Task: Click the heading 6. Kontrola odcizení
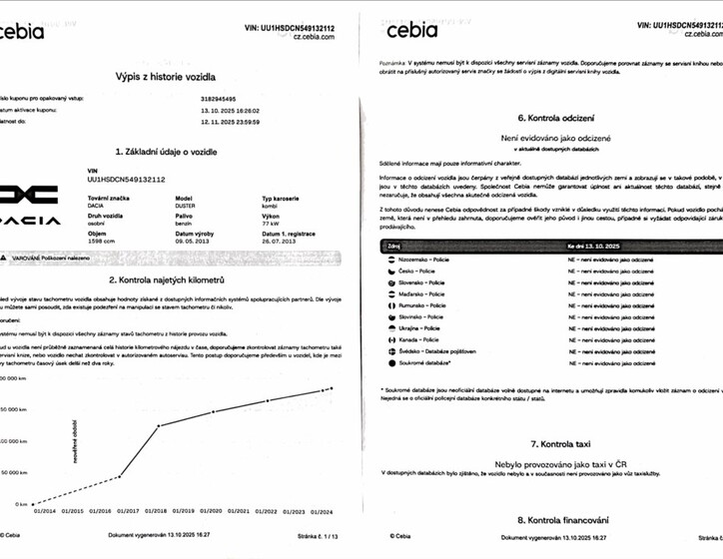tap(549, 116)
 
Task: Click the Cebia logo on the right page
tap(411, 30)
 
